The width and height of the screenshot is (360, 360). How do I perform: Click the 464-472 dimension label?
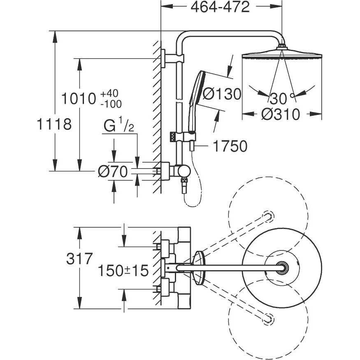220,7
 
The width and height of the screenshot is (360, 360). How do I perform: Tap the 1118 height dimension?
54,124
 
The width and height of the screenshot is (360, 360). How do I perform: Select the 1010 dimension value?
79,98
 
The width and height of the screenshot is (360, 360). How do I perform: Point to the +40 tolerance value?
109,94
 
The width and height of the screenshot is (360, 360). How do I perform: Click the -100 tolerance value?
111,104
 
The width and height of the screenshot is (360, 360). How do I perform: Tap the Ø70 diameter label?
113,171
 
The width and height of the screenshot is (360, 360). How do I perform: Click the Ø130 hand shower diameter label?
222,94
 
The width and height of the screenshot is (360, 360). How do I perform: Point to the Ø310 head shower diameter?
281,114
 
